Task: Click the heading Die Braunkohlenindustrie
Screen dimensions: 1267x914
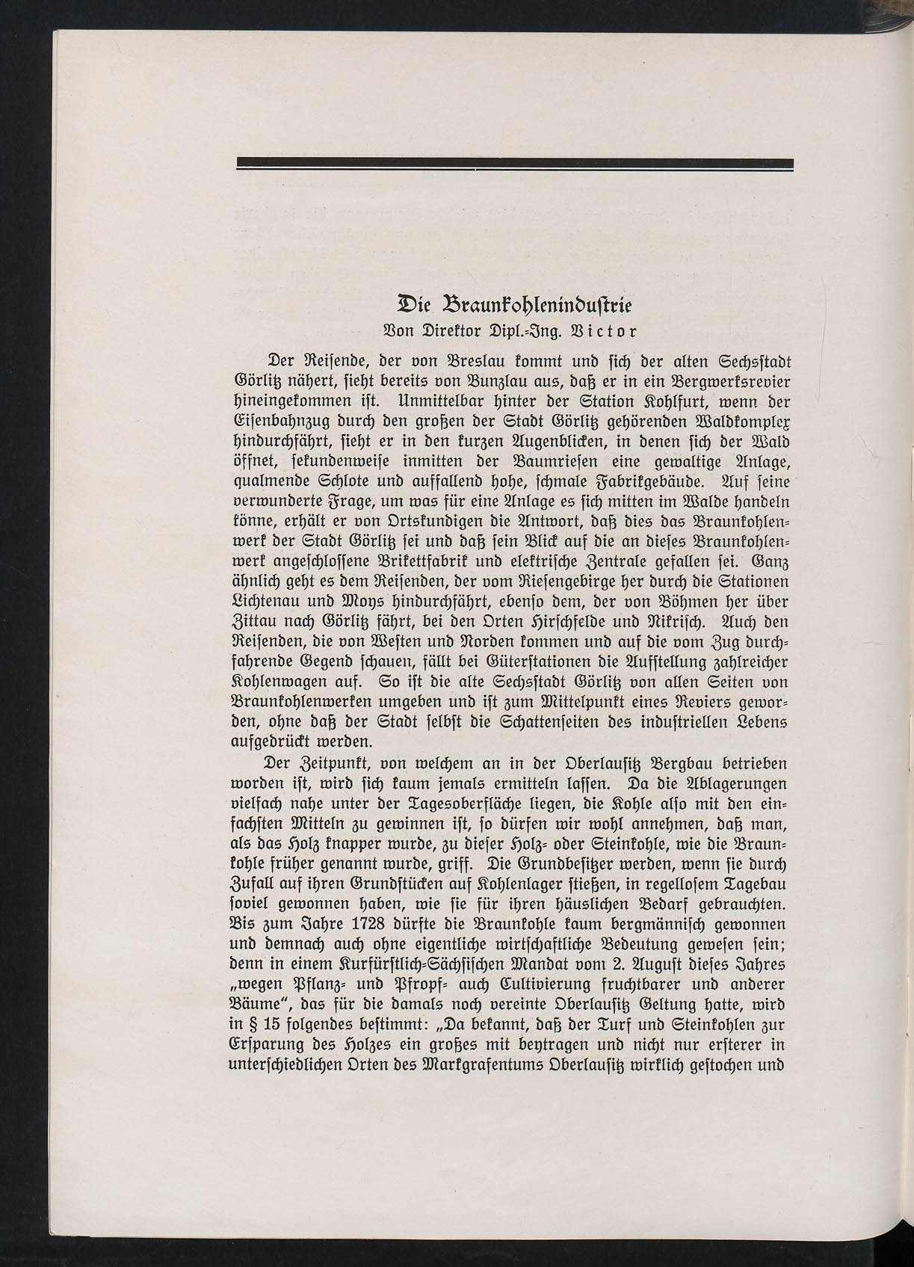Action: click(x=515, y=306)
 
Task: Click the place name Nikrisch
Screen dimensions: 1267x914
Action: click(x=681, y=622)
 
